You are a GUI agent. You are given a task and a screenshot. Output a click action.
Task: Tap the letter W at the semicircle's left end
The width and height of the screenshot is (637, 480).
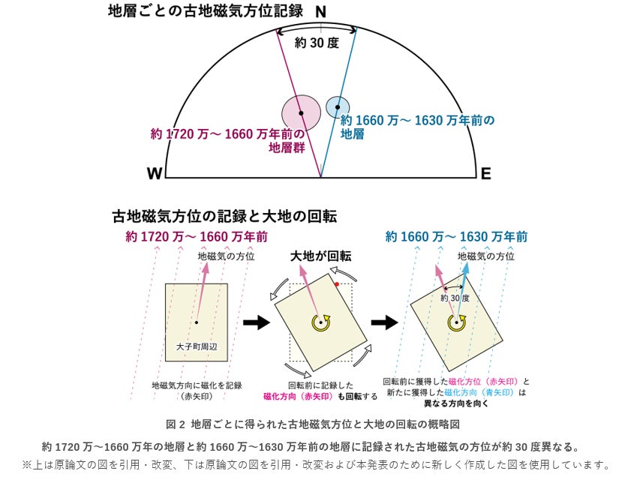[x=155, y=174]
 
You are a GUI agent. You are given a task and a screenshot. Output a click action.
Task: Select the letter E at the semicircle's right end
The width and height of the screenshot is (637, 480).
[x=485, y=174]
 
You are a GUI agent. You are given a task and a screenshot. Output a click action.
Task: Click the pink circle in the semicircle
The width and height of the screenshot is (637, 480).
[x=300, y=113]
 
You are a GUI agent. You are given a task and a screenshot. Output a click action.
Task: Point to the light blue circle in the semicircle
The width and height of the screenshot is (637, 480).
[x=338, y=107]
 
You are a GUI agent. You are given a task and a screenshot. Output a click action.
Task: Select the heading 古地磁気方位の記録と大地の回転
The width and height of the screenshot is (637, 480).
[x=224, y=217]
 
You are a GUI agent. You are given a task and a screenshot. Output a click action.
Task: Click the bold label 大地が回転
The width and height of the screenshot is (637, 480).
[x=320, y=256]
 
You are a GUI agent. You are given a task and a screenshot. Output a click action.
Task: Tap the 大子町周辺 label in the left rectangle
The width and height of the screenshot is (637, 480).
[x=196, y=347]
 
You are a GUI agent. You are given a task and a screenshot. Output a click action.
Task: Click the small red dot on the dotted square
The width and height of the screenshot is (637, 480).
[x=338, y=285]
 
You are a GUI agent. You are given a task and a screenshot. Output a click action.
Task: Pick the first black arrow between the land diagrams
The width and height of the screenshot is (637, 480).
[x=256, y=322]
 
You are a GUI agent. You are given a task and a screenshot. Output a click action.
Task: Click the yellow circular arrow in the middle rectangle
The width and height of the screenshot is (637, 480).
[x=321, y=322]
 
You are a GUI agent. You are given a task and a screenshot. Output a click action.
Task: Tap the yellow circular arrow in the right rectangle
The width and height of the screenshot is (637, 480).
[x=455, y=322]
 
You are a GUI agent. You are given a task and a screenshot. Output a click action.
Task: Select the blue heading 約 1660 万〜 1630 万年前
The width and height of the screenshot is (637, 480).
[x=455, y=237]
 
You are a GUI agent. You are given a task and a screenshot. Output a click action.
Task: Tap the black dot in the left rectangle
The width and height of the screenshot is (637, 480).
[x=196, y=322]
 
